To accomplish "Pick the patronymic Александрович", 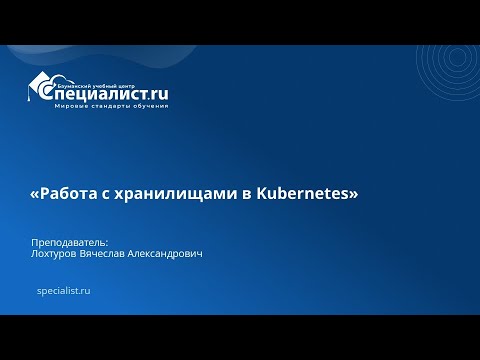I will tap(167, 255).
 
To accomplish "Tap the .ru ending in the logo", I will tap(157, 94).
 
